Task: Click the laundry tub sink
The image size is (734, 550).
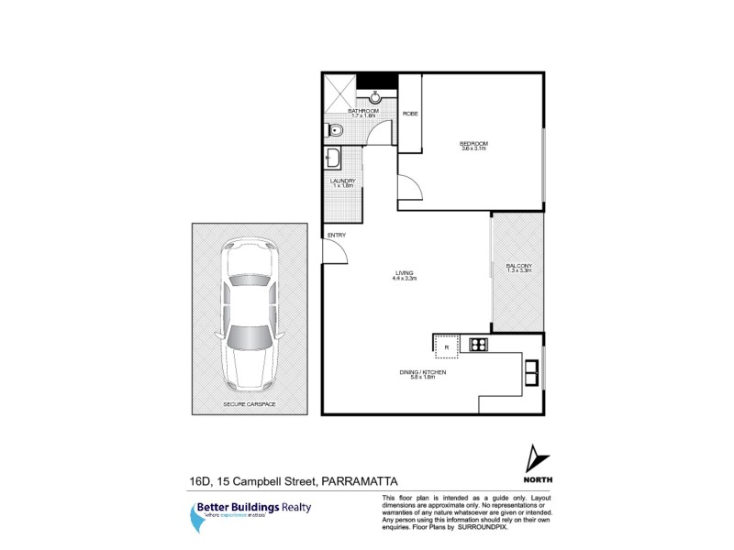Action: [x=333, y=161]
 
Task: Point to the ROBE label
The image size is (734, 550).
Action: [x=409, y=113]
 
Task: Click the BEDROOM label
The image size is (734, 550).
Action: [x=473, y=143]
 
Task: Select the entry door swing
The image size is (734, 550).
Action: [x=336, y=253]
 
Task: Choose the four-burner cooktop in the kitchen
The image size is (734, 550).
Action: [x=478, y=345]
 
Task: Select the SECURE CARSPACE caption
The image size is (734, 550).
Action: [x=250, y=403]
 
